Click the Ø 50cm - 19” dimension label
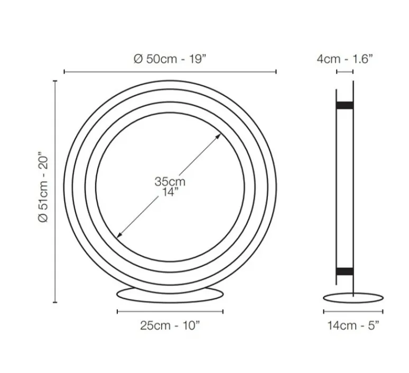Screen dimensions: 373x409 pyautogui.click(x=170, y=59)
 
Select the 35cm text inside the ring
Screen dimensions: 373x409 pyautogui.click(x=170, y=181)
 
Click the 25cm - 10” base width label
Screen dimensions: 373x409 pyautogui.click(x=170, y=325)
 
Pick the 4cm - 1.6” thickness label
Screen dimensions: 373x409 pyautogui.click(x=345, y=59)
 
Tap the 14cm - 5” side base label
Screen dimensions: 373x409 pyautogui.click(x=352, y=325)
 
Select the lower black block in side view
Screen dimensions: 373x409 pyautogui.click(x=345, y=272)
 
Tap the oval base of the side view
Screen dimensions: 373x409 pyautogui.click(x=352, y=298)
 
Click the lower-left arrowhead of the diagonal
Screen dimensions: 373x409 pyautogui.click(x=119, y=235)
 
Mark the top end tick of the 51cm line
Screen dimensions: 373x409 pyautogui.click(x=55, y=80)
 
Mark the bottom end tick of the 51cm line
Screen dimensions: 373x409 pyautogui.click(x=55, y=303)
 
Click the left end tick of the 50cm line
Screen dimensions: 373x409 pyautogui.click(x=64, y=71)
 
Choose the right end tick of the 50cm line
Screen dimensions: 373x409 pyautogui.click(x=276, y=71)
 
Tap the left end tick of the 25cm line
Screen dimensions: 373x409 pyautogui.click(x=117, y=312)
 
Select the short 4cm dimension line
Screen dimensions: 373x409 pyautogui.click(x=345, y=71)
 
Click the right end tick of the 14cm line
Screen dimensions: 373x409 pyautogui.click(x=383, y=312)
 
